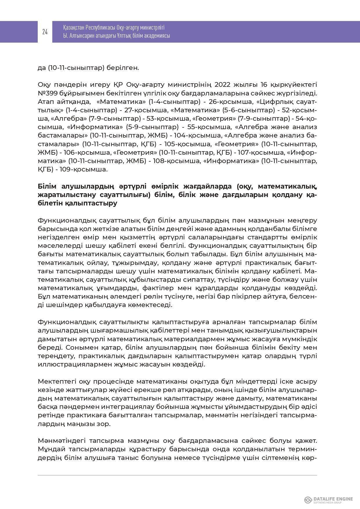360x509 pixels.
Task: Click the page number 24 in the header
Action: [x=45, y=32]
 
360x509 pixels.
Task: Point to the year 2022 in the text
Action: [x=222, y=84]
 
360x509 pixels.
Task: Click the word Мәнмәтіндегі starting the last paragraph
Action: [x=61, y=441]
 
